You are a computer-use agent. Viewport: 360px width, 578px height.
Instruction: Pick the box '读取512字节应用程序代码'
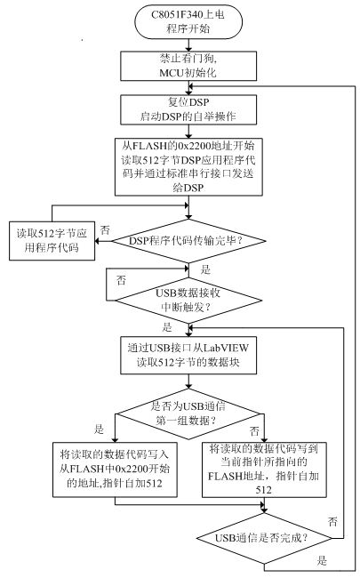pyautogui.click(x=52, y=241)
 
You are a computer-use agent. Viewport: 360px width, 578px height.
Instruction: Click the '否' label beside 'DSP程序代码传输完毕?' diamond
pyautogui.click(x=105, y=230)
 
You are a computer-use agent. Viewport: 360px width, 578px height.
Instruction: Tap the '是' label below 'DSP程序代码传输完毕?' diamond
pyautogui.click(x=205, y=269)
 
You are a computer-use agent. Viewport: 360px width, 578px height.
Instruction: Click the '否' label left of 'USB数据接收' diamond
pyautogui.click(x=121, y=280)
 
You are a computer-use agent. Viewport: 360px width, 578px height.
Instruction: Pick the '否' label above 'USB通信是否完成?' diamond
pyautogui.click(x=332, y=522)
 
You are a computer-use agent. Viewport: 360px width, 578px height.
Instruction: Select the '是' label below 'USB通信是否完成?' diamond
pyautogui.click(x=322, y=561)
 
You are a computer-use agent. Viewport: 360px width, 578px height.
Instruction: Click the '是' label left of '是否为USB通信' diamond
pyautogui.click(x=100, y=429)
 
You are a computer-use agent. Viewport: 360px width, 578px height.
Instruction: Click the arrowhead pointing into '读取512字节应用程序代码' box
pyautogui.click(x=98, y=241)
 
